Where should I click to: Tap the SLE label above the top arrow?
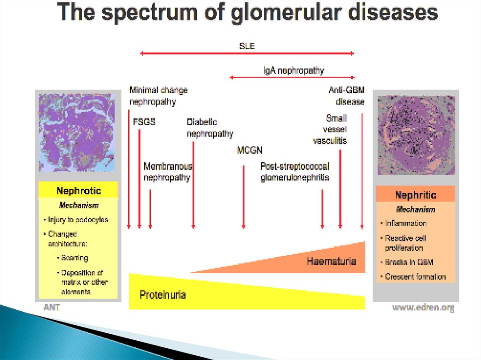click(247, 46)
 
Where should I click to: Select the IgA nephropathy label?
click(294, 71)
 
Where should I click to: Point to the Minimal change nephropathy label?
click(158, 95)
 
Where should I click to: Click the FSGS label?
click(144, 122)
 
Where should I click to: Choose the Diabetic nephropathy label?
click(209, 128)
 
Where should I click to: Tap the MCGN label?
click(250, 151)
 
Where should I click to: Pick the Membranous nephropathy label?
click(168, 172)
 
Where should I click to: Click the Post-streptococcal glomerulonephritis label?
click(295, 172)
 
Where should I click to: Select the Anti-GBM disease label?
click(347, 95)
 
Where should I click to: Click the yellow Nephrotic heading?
click(78, 191)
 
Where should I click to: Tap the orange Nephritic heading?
click(416, 195)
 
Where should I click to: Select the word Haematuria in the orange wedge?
click(331, 261)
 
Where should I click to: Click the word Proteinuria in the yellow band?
click(163, 295)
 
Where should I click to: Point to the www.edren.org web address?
click(423, 308)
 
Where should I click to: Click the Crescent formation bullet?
click(415, 276)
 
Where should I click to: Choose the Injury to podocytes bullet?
click(78, 219)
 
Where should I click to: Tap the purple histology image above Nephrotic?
click(76, 132)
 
